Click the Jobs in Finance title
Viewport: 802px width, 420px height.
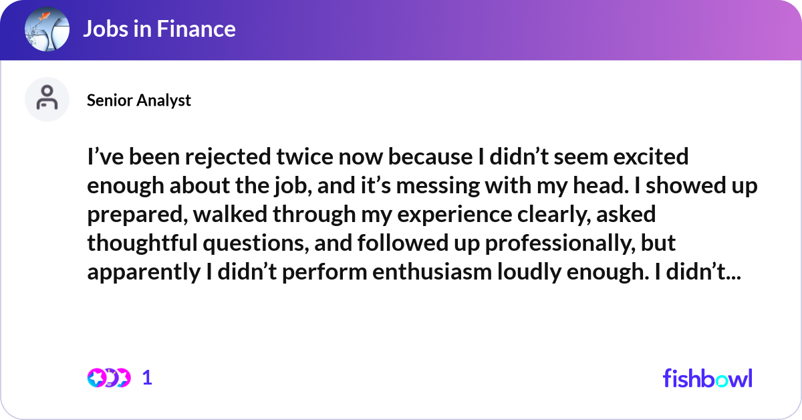pyautogui.click(x=159, y=29)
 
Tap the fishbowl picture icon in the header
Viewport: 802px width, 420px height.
pyautogui.click(x=47, y=29)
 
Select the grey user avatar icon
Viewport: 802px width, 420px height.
pyautogui.click(x=47, y=100)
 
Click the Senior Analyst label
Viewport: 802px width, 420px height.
pyautogui.click(x=139, y=100)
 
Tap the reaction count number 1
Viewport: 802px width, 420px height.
pyautogui.click(x=148, y=378)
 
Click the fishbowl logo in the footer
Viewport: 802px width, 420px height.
pyautogui.click(x=707, y=378)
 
